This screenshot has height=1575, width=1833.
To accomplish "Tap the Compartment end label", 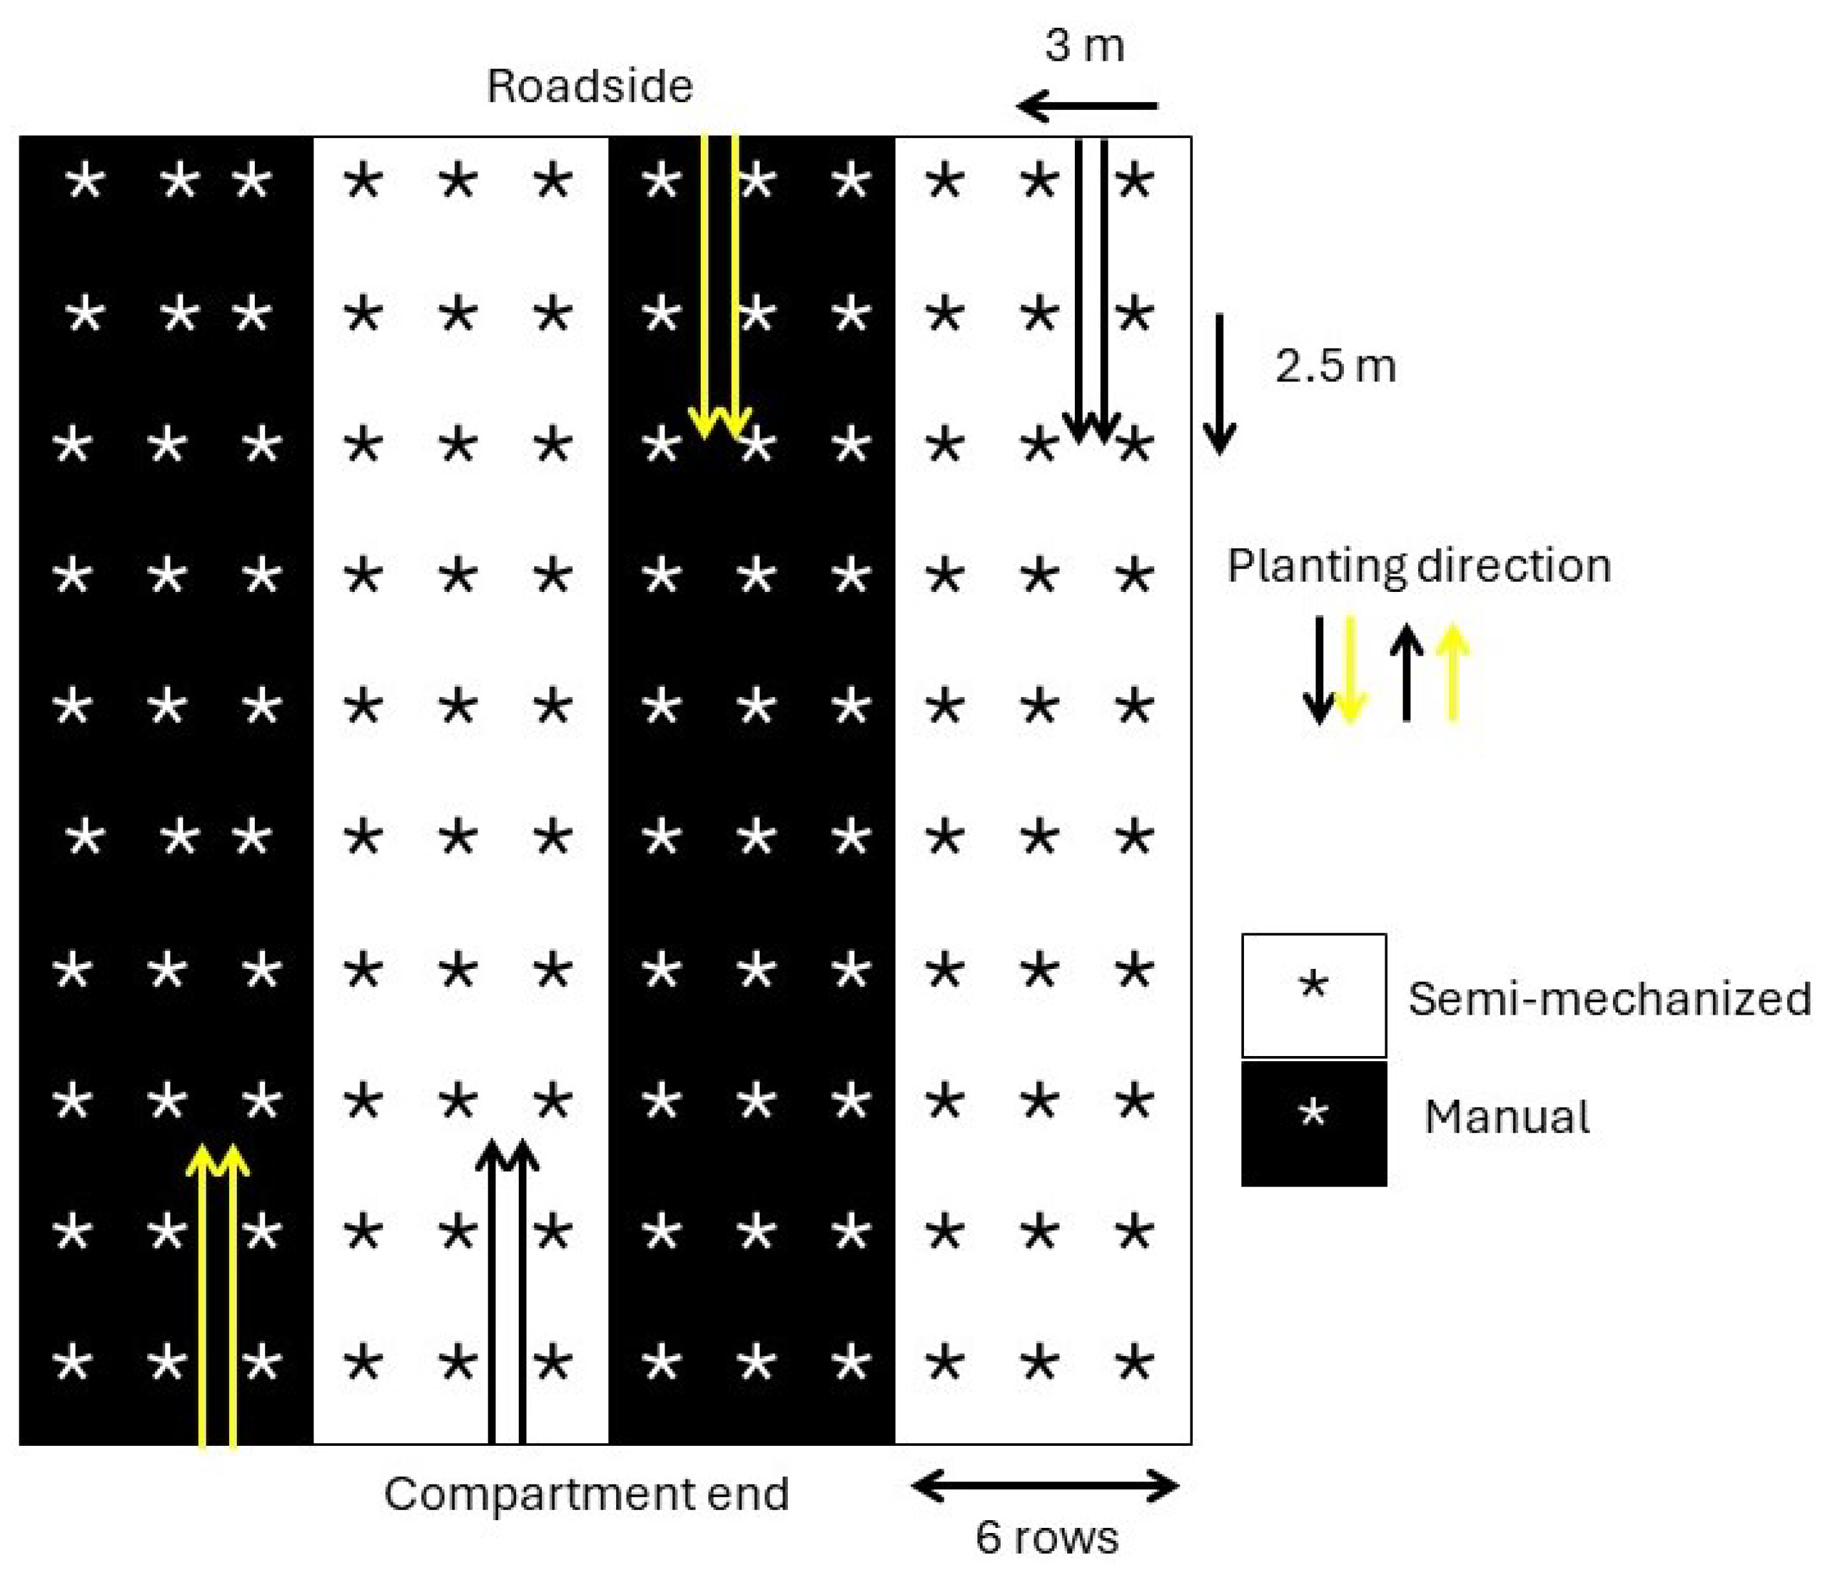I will (586, 1494).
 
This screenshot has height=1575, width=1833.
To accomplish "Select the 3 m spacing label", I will (1084, 45).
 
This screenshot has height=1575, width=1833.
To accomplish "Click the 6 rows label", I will (1047, 1537).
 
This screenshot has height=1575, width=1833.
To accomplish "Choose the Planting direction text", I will (1418, 565).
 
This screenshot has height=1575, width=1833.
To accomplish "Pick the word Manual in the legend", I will (1507, 1117).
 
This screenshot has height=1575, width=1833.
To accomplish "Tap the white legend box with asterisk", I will (1314, 995).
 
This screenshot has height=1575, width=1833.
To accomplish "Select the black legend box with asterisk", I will (1314, 1123).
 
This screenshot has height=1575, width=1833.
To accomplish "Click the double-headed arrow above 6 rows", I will (1045, 1486).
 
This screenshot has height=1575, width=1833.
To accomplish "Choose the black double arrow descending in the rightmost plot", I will (1092, 292).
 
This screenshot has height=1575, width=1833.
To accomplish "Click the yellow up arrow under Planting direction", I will (1452, 673).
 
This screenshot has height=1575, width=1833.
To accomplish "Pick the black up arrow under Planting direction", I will (1407, 673).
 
